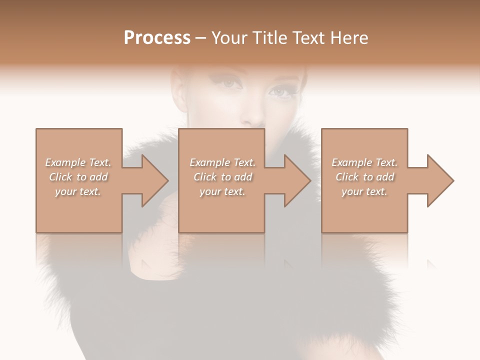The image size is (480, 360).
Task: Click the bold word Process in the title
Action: point(157,38)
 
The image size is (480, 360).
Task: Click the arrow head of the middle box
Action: point(296,180)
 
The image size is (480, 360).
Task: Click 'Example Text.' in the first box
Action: point(78,162)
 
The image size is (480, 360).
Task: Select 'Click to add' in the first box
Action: point(78,177)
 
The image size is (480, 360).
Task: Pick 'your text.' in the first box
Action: point(78,191)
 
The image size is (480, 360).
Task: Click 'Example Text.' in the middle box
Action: point(222,162)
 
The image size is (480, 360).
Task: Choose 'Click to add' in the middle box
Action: point(222,177)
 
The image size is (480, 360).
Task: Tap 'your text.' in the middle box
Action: point(222,191)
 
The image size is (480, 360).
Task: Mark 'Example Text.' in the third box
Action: point(364,162)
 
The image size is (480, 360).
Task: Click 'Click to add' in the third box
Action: point(364,177)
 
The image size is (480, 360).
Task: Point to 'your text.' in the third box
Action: point(364,191)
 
